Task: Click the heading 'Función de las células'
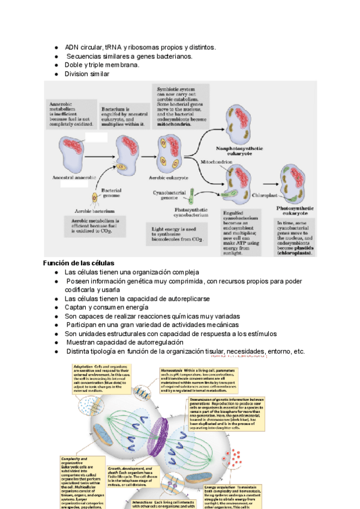(79, 264)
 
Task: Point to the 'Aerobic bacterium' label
(95, 211)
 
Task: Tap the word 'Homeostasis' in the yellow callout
(173, 371)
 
